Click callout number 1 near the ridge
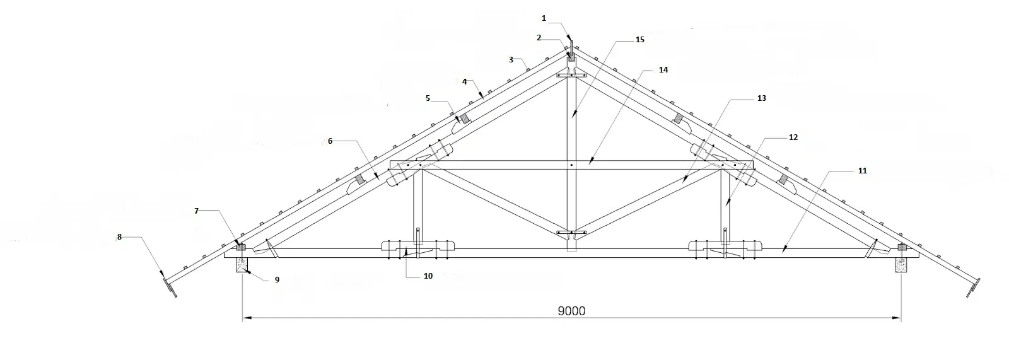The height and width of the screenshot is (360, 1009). point(544,18)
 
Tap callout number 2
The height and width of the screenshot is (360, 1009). point(539,38)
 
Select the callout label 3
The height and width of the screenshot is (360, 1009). point(511,59)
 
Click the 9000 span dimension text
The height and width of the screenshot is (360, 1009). point(571,311)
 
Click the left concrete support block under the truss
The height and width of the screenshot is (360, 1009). point(242,265)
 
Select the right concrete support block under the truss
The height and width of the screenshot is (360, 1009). point(901,265)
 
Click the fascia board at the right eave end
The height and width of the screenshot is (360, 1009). point(974,288)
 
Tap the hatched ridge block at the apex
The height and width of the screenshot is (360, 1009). point(571,57)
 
